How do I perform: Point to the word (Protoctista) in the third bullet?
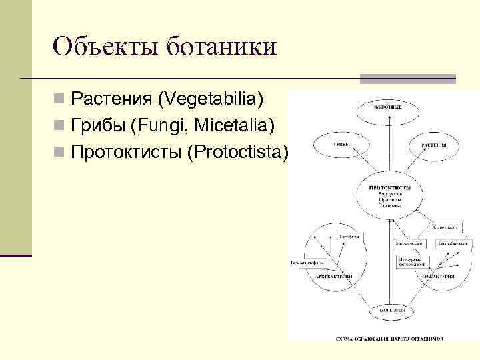pos(238,151)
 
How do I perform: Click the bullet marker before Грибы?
pos(60,126)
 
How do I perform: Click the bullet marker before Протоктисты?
pos(60,152)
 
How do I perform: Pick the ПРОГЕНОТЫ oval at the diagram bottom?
pos(389,310)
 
